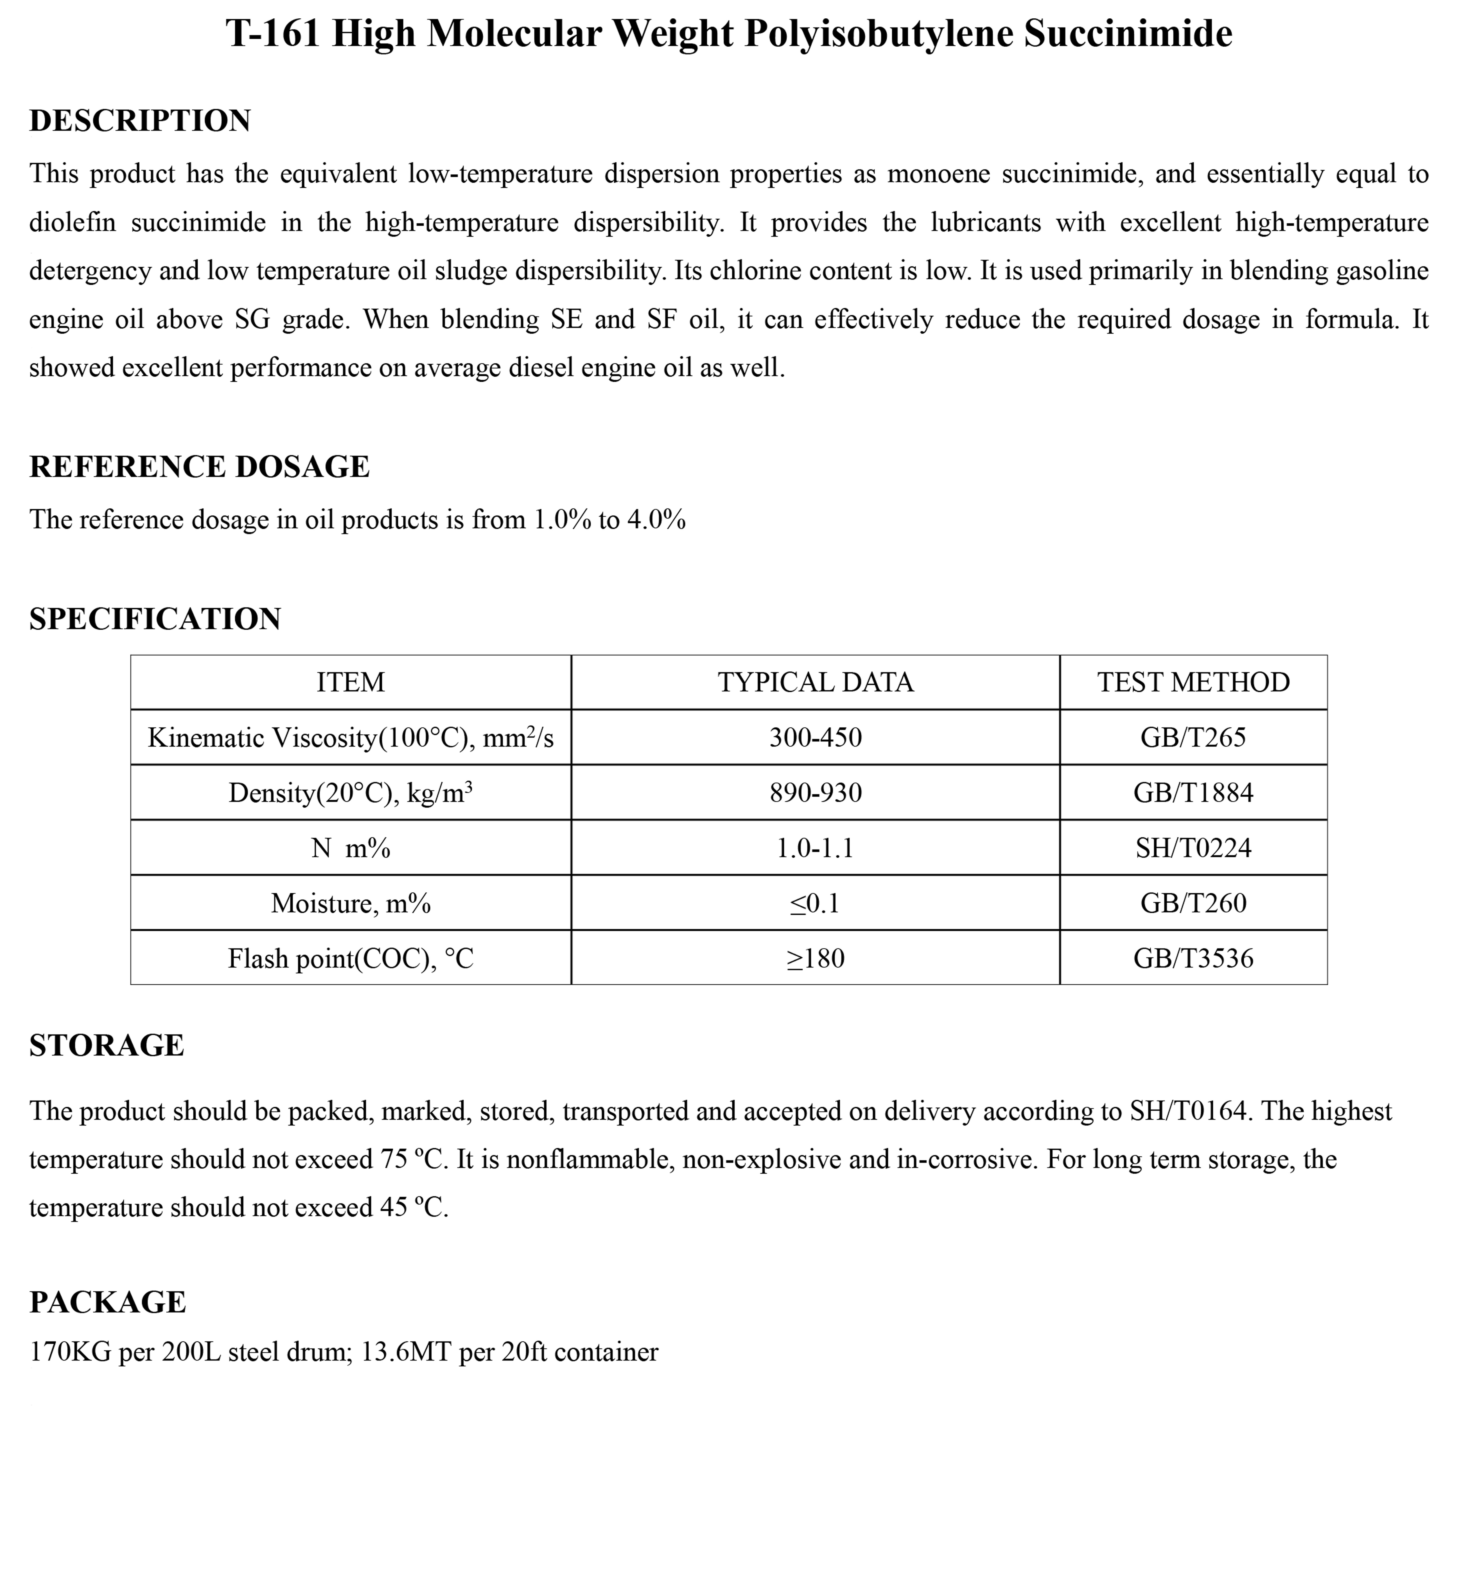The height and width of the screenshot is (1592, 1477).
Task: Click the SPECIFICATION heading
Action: (155, 619)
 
